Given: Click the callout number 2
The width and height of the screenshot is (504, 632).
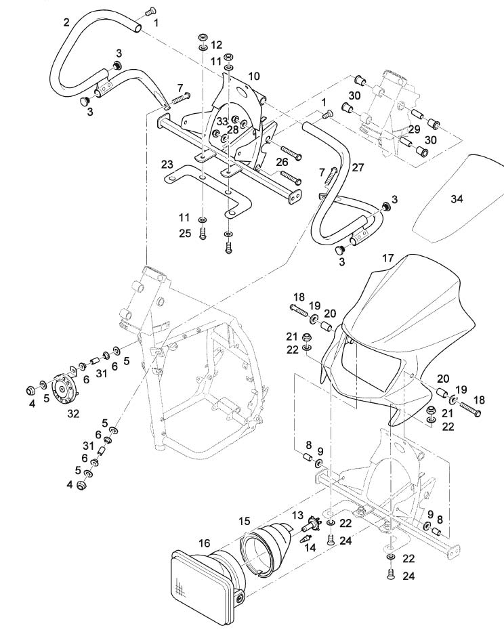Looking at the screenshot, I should pos(66,22).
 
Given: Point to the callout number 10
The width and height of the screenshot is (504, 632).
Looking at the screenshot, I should pos(253,76).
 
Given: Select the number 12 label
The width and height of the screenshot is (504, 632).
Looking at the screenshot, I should pos(216,45).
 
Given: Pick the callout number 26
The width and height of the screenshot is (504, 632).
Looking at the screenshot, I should pos(282,162).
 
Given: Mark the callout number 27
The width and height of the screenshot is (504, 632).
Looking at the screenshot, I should pos(358,167).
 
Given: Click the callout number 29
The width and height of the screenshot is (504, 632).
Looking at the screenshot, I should pos(414,128).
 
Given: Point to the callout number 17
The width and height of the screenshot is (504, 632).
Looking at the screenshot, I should pos(387,258).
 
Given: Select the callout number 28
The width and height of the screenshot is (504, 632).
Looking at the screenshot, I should pos(233,129).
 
